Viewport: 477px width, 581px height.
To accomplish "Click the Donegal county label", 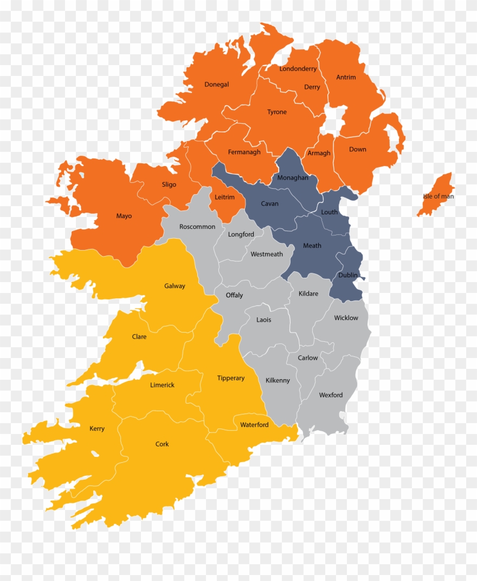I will pos(216,85).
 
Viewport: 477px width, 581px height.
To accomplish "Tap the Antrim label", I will pos(346,78).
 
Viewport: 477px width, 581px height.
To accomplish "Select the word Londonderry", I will pos(298,69).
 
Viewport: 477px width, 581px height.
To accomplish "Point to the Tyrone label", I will pos(276,112).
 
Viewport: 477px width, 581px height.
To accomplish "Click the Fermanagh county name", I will pos(244,152).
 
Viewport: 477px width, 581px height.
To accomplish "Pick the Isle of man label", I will pos(439,196).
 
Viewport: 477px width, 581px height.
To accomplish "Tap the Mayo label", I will pos(124,216).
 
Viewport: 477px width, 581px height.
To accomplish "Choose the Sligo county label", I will pos(169,185).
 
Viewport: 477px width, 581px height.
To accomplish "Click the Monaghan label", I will pos(292,178).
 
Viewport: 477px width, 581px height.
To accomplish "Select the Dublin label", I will pos(347,276).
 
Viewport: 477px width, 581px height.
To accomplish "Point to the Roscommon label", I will pos(197,227).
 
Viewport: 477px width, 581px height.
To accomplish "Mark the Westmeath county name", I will pos(266,254).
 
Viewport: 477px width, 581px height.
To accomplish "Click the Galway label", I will pos(175,286).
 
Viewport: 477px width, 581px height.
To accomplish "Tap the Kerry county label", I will pos(97,429).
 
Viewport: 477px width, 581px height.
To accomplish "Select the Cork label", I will pos(162,444).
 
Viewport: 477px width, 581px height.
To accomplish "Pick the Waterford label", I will pos(254,425).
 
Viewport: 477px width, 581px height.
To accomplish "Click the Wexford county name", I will pos(331,395).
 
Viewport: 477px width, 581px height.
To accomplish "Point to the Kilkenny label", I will pos(278,381).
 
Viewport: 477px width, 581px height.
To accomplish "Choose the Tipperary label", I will pos(231,378).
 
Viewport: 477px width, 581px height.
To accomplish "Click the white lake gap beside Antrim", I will pos(334,119).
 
